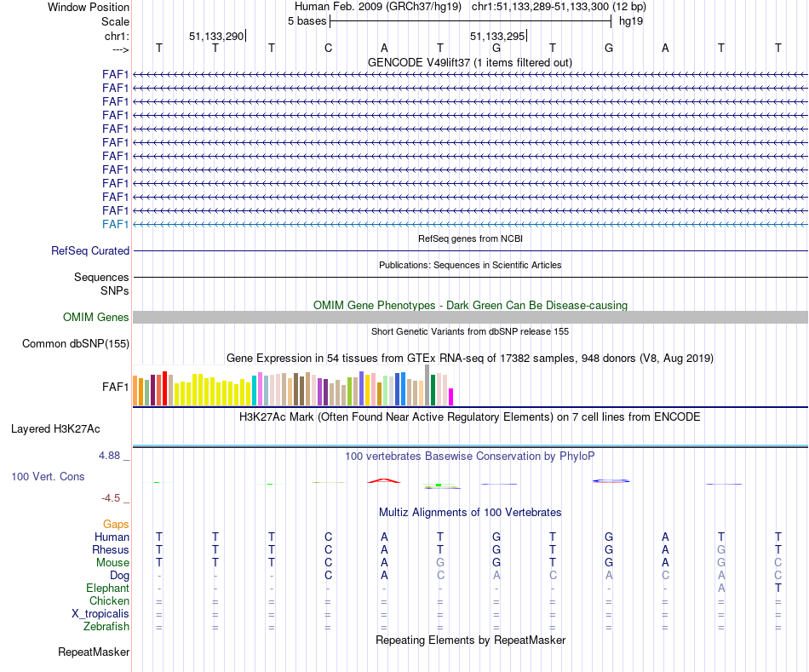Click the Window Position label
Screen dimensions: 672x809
(89, 7)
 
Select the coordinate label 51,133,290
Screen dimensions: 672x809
(216, 36)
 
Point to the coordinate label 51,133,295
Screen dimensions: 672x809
(497, 36)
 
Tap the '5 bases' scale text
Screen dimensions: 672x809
(307, 20)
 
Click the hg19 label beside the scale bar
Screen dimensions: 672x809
(631, 20)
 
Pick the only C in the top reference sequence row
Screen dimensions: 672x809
(328, 48)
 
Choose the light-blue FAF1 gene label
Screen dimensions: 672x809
(115, 224)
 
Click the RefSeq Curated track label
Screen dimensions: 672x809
(90, 251)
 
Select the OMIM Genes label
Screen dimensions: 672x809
(96, 318)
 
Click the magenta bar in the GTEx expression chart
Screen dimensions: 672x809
(451, 396)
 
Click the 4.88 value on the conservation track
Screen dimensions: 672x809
(112, 456)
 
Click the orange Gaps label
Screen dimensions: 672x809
(116, 525)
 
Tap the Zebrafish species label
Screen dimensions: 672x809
(108, 627)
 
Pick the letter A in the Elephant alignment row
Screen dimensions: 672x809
(721, 589)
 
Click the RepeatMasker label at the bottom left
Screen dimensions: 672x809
(94, 652)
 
